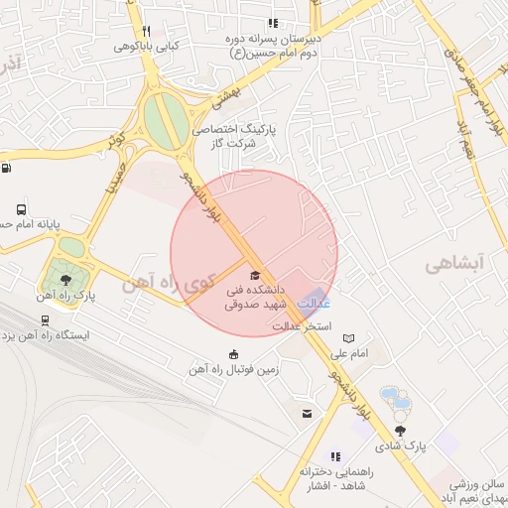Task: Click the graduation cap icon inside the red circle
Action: pos(254,275)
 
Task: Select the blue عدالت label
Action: pos(314,304)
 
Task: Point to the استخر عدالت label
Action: pos(302,324)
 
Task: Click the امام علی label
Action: pos(348,353)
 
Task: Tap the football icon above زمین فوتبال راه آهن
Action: pos(233,355)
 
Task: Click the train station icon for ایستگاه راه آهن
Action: pos(44,320)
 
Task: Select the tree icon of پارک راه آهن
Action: pos(65,281)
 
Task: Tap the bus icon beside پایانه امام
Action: pos(22,209)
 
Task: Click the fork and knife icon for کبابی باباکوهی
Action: pos(145,32)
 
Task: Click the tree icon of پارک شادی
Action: pos(401,431)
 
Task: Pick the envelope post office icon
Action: pos(307,414)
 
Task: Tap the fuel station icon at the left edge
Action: pos(7,168)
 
